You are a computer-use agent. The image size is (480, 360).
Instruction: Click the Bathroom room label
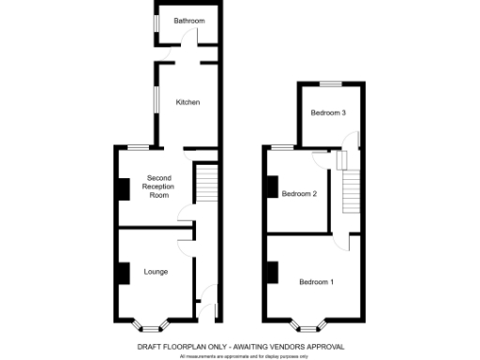[188, 21]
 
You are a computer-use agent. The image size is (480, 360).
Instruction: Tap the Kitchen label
[187, 102]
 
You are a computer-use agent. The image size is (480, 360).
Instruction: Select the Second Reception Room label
[156, 187]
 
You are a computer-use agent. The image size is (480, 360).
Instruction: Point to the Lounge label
[156, 272]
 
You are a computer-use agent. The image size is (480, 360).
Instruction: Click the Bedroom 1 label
[316, 281]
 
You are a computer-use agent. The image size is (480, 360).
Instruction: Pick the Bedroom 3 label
[329, 113]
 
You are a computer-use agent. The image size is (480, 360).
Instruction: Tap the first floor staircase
[352, 191]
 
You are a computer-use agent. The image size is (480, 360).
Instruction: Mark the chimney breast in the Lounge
[122, 272]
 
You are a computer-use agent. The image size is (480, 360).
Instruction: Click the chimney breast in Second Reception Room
[122, 187]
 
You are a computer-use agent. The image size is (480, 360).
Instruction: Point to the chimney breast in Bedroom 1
[271, 274]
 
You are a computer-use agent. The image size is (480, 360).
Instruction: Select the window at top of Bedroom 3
[329, 83]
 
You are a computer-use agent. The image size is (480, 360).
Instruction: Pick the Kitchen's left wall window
[156, 101]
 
